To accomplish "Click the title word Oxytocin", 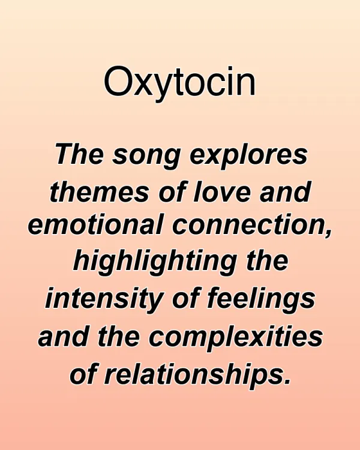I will click(x=179, y=82).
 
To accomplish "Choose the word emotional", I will click(x=95, y=227).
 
